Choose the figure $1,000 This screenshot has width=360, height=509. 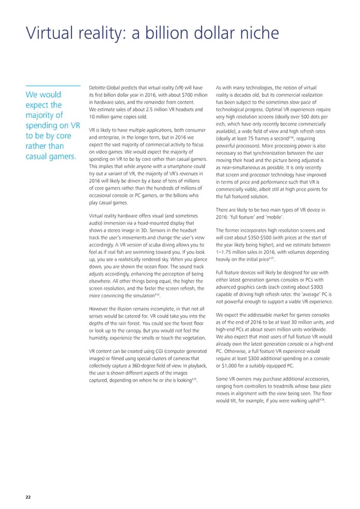click(229, 350)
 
